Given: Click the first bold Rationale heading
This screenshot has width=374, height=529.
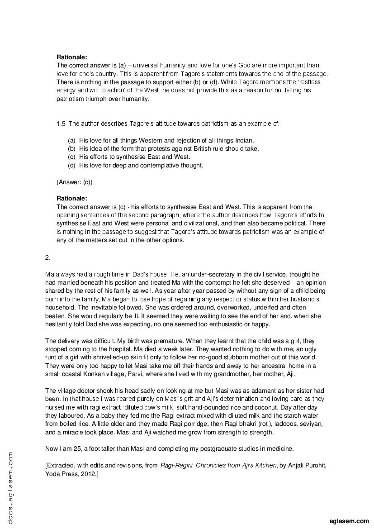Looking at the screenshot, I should (71, 57).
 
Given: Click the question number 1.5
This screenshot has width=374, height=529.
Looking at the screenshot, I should (61, 123).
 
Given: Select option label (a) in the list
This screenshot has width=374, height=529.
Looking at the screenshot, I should (71, 140).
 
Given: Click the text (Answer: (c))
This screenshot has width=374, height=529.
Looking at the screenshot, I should (75, 182).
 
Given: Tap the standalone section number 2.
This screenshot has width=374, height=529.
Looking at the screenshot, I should (47, 257).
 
